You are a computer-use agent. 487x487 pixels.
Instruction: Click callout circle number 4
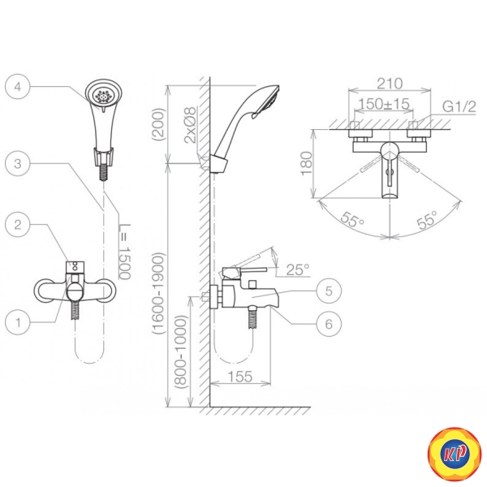coord(18,86)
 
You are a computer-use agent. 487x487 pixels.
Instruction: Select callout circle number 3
coord(18,164)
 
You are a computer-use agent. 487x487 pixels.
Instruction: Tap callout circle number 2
coord(18,224)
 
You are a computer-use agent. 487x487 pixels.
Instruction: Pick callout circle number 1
coord(18,322)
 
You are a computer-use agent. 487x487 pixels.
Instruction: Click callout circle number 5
coord(329,291)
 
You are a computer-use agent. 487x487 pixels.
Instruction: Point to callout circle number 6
coord(329,324)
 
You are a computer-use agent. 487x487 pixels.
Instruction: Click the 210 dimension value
coord(390,84)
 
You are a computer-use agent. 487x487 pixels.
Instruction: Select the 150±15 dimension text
coord(384,104)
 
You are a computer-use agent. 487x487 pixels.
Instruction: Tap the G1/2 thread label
coord(459,107)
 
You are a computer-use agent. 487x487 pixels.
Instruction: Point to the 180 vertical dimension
coord(307,163)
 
